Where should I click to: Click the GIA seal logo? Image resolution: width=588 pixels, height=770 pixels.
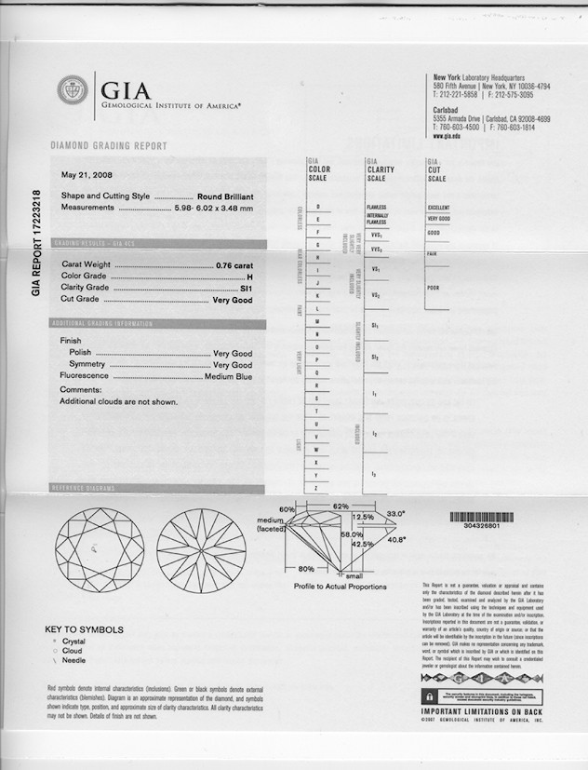(73, 90)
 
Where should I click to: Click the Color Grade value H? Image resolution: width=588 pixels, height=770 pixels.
(249, 277)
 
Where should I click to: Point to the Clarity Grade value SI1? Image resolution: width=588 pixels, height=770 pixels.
(246, 289)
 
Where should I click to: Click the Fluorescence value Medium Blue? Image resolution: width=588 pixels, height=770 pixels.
(228, 376)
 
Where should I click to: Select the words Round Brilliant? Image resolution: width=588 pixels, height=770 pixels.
(225, 196)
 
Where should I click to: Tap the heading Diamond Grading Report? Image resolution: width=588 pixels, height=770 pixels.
(108, 146)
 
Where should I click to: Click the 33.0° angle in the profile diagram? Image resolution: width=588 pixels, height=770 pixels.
(397, 513)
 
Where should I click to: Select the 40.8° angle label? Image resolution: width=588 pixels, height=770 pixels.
(396, 540)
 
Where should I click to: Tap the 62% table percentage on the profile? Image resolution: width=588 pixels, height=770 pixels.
(340, 506)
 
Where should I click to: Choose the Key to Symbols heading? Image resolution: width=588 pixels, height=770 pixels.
(84, 629)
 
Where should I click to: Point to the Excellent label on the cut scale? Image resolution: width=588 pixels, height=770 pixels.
(438, 208)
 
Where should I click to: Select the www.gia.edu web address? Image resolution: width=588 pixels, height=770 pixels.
(448, 137)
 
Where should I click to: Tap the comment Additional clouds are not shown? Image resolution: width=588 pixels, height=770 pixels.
(118, 401)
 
